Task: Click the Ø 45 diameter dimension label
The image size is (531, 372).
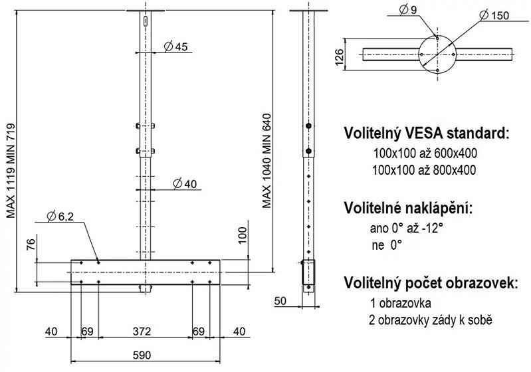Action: pyautogui.click(x=175, y=46)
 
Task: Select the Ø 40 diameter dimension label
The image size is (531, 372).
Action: pyautogui.click(x=185, y=184)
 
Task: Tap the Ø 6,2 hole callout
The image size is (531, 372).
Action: pyautogui.click(x=60, y=216)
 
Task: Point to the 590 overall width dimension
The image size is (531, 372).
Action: pyautogui.click(x=142, y=355)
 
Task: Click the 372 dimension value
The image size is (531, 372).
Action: pyautogui.click(x=142, y=331)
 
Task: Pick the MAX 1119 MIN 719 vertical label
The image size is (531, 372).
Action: pyautogui.click(x=11, y=171)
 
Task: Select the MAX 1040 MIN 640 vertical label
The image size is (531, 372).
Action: pyautogui.click(x=267, y=161)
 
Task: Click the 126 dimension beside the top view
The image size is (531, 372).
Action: pyautogui.click(x=339, y=58)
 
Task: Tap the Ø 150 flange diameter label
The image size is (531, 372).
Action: pyautogui.click(x=494, y=15)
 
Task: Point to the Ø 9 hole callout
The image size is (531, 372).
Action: pyautogui.click(x=408, y=10)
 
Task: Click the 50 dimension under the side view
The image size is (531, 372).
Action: pyautogui.click(x=280, y=300)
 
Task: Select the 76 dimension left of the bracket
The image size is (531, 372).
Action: pyautogui.click(x=31, y=244)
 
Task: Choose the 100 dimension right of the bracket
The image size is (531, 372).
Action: pyautogui.click(x=243, y=236)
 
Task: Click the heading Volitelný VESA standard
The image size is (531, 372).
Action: pyautogui.click(x=427, y=133)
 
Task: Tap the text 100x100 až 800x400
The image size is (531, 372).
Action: pyautogui.click(x=424, y=169)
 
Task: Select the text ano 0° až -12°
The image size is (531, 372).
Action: pyautogui.click(x=406, y=228)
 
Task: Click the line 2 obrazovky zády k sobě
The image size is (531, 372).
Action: pyautogui.click(x=431, y=320)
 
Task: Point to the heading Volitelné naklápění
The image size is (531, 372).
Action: pyautogui.click(x=408, y=207)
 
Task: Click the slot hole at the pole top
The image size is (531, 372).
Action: pyautogui.click(x=146, y=21)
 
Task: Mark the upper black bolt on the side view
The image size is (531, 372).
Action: pyautogui.click(x=308, y=126)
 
